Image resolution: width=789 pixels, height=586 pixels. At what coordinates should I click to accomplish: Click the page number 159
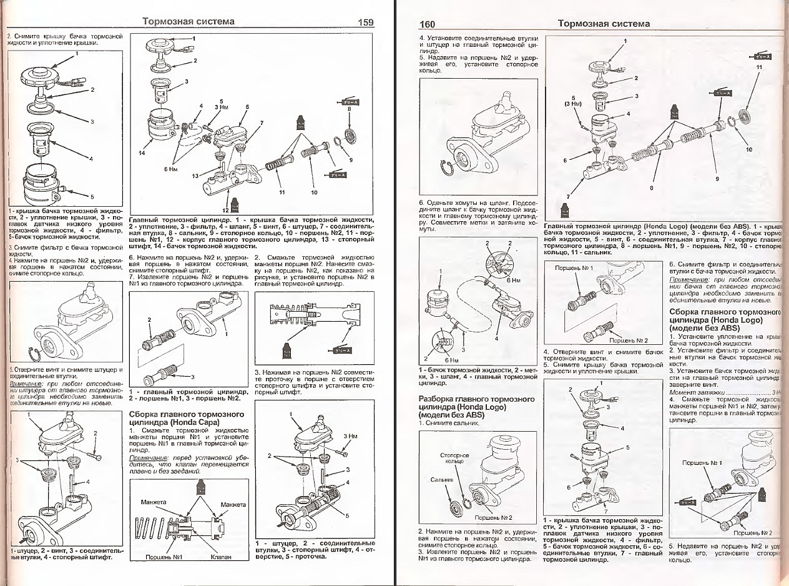point(366,22)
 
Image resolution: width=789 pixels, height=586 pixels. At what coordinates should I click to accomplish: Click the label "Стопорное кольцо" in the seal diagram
point(454,459)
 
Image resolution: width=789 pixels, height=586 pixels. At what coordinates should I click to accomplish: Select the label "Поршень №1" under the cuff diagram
point(163,557)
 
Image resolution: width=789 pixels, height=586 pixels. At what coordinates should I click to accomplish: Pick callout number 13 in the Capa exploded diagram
point(195,176)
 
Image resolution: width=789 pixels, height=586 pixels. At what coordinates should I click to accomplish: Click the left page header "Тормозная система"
point(189,22)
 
